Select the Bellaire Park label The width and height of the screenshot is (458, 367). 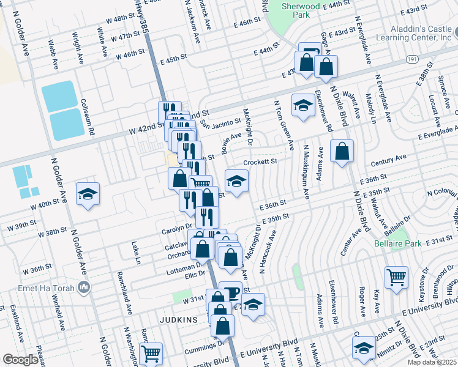pyautogui.click(x=398, y=243)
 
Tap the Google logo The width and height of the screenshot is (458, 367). pyautogui.click(x=20, y=360)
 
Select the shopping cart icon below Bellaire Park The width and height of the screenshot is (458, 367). pyautogui.click(x=396, y=276)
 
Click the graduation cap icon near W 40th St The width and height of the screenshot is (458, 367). pyautogui.click(x=88, y=194)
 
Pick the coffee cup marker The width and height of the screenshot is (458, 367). pyautogui.click(x=230, y=291)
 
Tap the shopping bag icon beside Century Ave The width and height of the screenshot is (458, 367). pyautogui.click(x=342, y=150)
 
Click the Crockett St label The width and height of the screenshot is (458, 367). pyautogui.click(x=260, y=162)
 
